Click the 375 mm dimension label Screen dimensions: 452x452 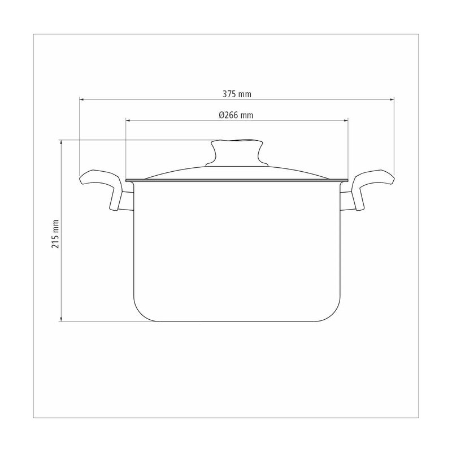237,94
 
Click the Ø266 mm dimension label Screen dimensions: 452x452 236,115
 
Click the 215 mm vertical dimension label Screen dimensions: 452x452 55,234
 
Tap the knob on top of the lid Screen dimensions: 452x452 237,153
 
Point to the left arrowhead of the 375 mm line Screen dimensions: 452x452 81,99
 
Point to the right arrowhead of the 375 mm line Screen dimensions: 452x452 392,99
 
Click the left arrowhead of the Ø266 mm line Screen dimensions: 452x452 128,120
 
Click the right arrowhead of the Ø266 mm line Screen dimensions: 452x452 346,120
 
